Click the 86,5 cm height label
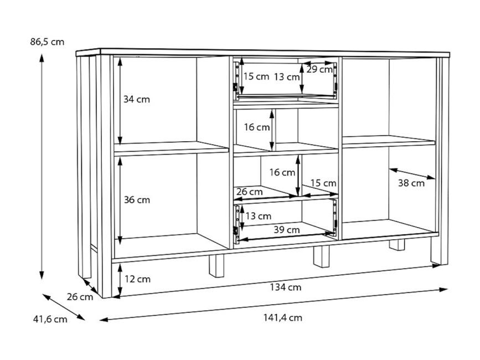pos(47,42)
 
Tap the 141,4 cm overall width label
pos(282,318)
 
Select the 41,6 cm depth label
pos(50,319)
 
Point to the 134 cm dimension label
pos(285,287)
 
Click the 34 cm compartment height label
pos(137,99)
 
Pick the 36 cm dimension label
pos(137,200)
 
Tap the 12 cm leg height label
pos(137,279)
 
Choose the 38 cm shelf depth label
pos(411,183)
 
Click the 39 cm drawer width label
pos(287,230)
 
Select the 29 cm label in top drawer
pos(319,69)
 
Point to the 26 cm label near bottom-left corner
pos(80,297)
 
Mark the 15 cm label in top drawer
pos(256,76)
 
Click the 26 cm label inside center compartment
pos(250,192)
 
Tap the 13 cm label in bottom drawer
pos(258,216)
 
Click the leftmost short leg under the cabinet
pos(216,266)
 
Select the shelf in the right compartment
pos(389,141)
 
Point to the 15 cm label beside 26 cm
pos(323,183)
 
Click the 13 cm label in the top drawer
pos(287,76)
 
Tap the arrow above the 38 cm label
pos(412,173)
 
